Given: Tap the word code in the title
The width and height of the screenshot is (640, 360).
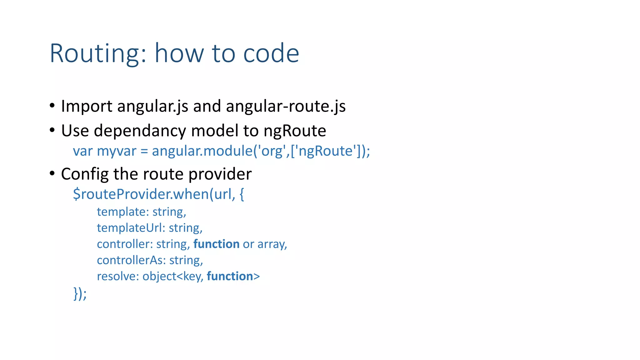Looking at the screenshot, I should pos(271,54).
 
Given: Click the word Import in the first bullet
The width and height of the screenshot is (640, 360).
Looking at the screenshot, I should pos(87,106).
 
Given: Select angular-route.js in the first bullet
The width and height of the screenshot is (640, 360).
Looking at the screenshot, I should pos(286,106).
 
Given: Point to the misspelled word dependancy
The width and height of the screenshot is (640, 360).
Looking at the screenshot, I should pos(140,131).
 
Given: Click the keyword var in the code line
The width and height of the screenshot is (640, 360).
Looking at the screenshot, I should pos(83,151).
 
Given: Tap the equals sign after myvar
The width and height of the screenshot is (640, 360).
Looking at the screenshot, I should pos(144,152).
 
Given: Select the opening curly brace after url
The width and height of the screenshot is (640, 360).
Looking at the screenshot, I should pos(242,194).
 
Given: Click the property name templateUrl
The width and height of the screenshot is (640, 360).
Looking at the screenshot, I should pos(129,228).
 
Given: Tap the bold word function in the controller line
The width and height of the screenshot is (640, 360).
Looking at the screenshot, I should pos(216,244).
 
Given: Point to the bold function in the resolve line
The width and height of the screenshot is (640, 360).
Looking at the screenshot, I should pos(230,277).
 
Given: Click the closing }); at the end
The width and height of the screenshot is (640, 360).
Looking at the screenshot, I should pos(80,293).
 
